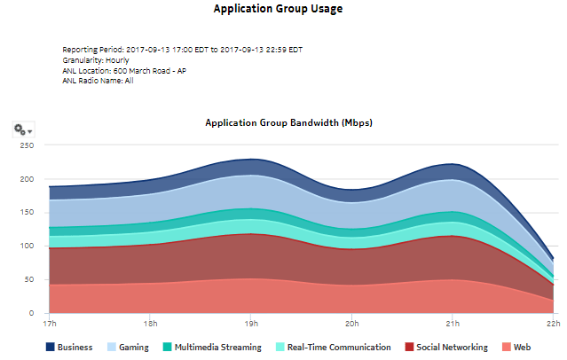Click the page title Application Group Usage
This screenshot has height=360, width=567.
click(278, 9)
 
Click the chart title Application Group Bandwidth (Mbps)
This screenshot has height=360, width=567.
click(288, 122)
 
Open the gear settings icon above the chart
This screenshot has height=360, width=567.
click(23, 129)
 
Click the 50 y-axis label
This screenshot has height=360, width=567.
click(29, 280)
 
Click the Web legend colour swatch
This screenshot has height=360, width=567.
click(506, 348)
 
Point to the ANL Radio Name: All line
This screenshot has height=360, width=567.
click(98, 81)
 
